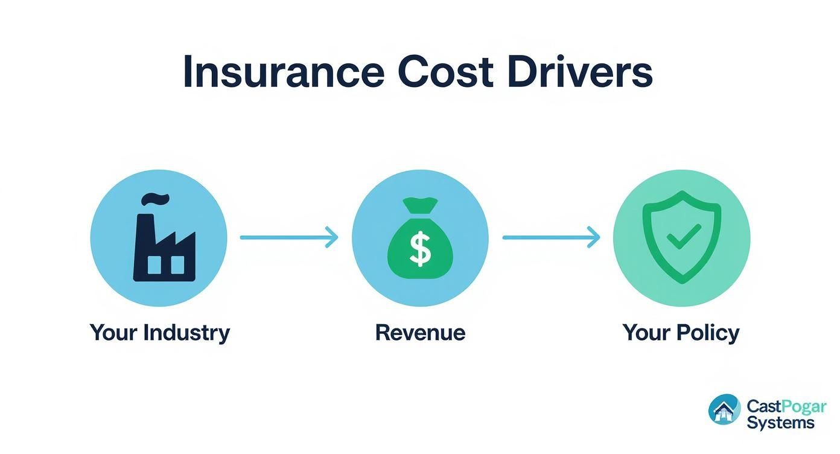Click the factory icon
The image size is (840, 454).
[x=163, y=241]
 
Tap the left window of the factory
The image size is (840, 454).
[x=154, y=264]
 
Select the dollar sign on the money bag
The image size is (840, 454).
[x=419, y=249]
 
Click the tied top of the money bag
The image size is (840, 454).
[x=419, y=209]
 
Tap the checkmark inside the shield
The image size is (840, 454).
[x=682, y=236]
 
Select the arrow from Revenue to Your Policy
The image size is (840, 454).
[x=550, y=237]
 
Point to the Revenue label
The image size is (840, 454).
[x=420, y=333]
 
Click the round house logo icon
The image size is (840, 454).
[x=724, y=410]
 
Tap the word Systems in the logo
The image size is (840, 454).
[x=780, y=423]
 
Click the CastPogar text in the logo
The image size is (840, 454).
[x=786, y=406]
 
